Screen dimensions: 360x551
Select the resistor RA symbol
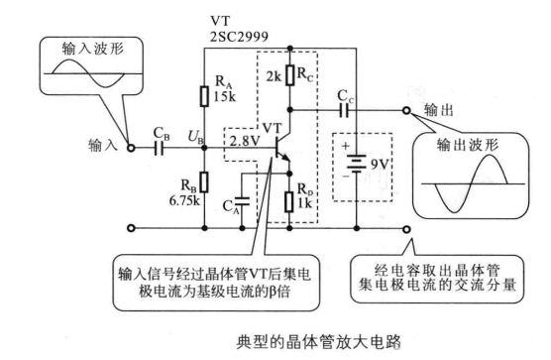coord(203,96)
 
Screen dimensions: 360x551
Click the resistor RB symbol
coord(203,180)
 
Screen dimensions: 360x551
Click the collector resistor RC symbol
coord(288,74)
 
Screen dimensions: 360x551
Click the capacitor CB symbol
coord(158,147)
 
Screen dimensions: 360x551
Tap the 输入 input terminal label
coord(103,147)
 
